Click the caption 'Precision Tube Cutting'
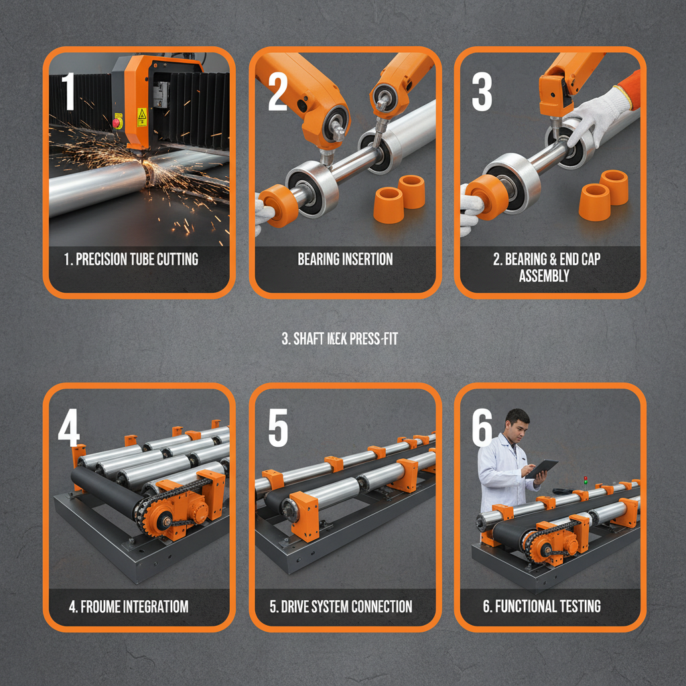coord(131,259)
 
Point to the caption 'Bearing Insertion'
coord(345,259)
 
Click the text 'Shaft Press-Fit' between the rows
coord(340,340)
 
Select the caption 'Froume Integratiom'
coord(129,607)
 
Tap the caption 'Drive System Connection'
coord(340,607)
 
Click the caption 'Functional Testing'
coord(541,607)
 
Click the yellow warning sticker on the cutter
coord(141,117)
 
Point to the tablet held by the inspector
coord(542,468)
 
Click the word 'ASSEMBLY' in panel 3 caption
coord(543,275)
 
